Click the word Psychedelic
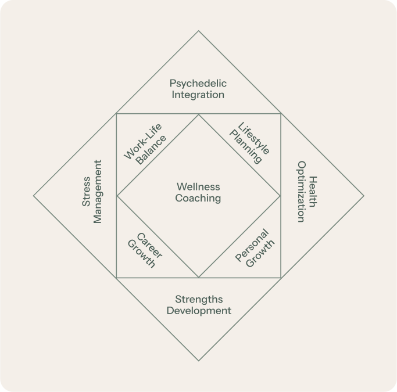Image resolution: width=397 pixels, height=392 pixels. point(198,84)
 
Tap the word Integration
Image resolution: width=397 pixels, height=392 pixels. point(198,95)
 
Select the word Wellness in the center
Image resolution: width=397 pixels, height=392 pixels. point(198,187)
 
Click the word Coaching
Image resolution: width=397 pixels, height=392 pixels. point(198,198)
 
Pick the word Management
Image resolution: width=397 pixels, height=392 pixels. point(97,192)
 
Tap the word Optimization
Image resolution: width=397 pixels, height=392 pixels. point(301,192)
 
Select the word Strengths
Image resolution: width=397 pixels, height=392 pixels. point(199,300)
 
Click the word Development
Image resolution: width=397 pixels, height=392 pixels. point(199,311)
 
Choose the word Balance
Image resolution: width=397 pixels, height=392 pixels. point(151,150)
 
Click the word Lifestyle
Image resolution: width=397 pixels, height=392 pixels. point(254,138)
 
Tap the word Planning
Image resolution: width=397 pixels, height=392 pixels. point(246,148)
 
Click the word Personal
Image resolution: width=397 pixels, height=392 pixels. point(252,245)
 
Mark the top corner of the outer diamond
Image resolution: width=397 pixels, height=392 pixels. point(199,31)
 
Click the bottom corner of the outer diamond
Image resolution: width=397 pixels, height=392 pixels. point(199,361)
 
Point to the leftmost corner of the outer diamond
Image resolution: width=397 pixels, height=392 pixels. point(34,196)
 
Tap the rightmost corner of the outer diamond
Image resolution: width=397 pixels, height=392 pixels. point(364,196)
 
